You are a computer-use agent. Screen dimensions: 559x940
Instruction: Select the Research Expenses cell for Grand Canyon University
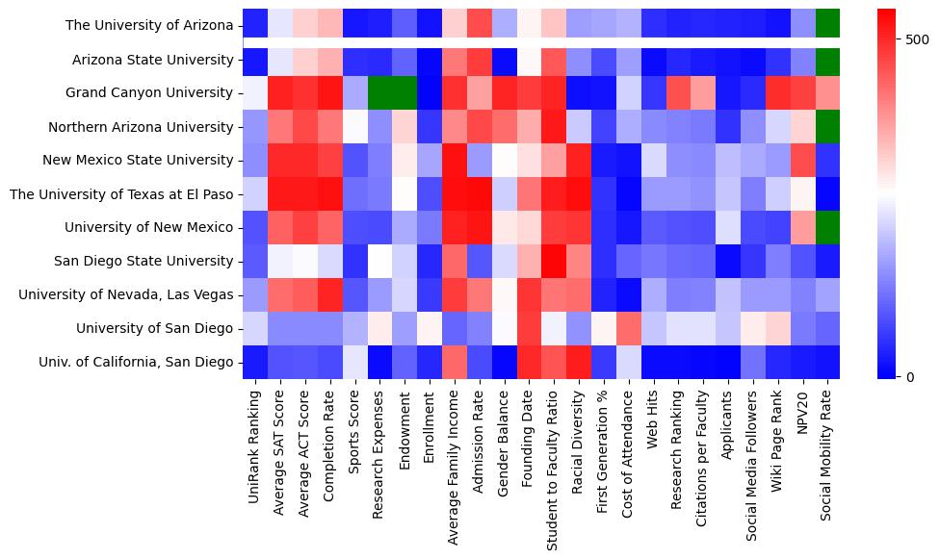[x=379, y=93]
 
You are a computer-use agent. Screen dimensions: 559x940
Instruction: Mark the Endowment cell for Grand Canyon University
[x=405, y=93]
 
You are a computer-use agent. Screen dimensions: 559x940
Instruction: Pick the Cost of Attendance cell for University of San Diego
[x=629, y=328]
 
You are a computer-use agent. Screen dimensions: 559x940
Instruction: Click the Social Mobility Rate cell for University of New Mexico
[x=827, y=227]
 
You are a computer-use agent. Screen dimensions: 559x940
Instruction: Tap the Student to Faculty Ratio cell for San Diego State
[x=554, y=261]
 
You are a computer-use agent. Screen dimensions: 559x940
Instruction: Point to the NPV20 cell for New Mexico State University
[x=802, y=161]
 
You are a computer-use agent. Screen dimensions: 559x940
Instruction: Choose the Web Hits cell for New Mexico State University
[x=653, y=161]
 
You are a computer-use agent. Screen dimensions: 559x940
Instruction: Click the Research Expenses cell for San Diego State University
[x=379, y=261]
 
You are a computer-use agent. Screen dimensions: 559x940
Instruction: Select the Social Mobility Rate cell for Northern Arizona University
[x=827, y=127]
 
